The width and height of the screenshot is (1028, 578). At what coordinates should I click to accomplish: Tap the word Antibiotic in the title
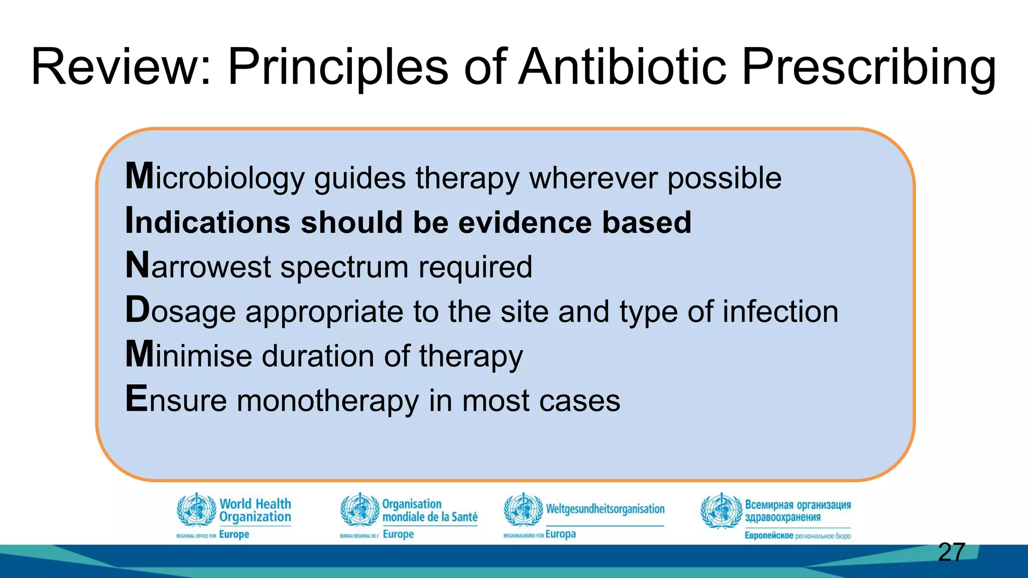(x=622, y=67)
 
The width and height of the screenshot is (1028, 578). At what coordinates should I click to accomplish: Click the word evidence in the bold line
(x=525, y=222)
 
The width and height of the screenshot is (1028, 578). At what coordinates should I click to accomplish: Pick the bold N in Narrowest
(x=137, y=265)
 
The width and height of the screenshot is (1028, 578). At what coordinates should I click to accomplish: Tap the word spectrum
(x=344, y=267)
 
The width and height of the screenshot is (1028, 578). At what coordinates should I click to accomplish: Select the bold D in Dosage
(x=137, y=310)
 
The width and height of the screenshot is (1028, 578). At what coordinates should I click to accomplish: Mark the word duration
(x=318, y=356)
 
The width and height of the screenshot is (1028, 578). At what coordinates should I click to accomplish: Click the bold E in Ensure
(x=136, y=399)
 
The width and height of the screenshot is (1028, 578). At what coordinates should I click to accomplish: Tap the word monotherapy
(x=328, y=401)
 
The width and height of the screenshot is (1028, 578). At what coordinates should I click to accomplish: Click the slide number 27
(x=951, y=552)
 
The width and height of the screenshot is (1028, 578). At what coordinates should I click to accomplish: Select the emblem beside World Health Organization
(x=197, y=510)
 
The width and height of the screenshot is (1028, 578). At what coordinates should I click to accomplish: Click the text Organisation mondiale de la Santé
(x=429, y=510)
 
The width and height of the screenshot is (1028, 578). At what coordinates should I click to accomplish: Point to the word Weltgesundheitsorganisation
(x=605, y=509)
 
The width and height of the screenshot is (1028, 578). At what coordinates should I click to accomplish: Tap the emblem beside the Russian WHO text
(x=721, y=511)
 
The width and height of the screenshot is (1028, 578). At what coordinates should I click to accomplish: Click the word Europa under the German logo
(x=560, y=534)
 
